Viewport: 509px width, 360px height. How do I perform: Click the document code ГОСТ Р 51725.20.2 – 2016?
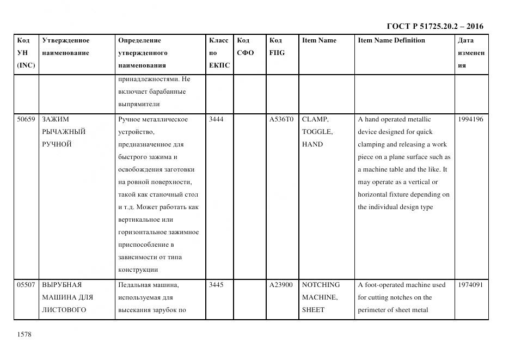point(435,26)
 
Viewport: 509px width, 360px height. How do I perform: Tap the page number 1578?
point(24,334)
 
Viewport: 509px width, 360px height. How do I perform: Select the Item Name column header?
point(319,40)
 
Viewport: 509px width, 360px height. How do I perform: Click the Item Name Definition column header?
point(391,40)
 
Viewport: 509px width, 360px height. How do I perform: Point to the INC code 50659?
point(26,119)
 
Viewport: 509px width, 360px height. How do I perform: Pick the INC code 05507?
point(26,285)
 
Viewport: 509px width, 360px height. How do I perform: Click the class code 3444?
point(217,119)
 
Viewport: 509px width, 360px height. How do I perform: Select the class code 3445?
point(217,285)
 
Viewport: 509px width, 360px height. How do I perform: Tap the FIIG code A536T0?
point(281,119)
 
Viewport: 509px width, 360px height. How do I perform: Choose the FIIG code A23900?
point(281,285)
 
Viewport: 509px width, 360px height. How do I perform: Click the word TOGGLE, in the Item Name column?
point(317,132)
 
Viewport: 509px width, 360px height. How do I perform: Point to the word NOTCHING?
point(321,285)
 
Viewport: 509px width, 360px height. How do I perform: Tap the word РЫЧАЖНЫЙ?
point(64,132)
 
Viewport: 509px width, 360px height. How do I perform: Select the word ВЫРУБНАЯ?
point(62,285)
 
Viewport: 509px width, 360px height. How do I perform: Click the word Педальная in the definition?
point(133,285)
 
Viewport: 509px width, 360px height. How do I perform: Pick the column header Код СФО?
point(246,47)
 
